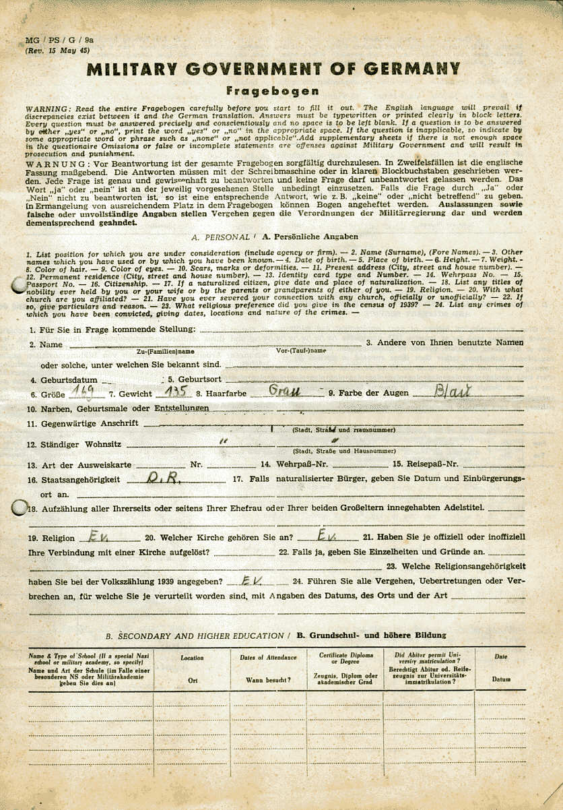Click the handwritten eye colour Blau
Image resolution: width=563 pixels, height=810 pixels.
coord(453,391)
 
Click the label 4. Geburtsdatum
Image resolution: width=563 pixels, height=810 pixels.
coord(65,380)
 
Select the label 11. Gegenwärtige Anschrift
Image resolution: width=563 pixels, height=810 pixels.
coord(82,423)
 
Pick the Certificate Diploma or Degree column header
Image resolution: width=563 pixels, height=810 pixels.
coord(345,660)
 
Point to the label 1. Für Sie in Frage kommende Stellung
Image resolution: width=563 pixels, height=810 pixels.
coord(112,329)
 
